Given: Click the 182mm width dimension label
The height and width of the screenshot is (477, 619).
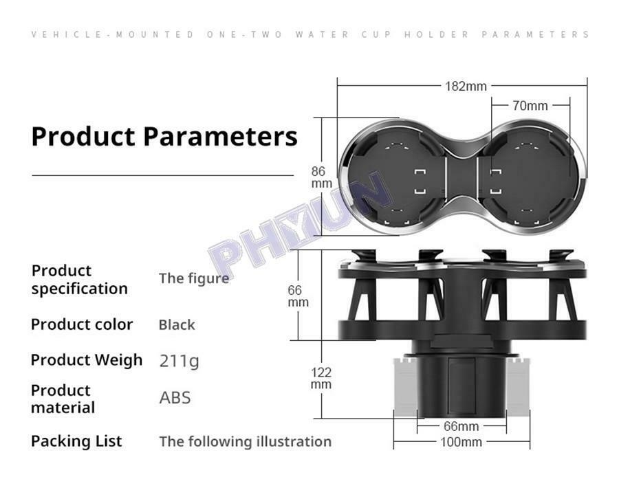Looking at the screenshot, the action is coord(466,86).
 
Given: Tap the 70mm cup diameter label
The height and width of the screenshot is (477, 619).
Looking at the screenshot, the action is coord(530,106).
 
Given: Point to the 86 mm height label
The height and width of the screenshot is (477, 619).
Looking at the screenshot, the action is coord(321,177).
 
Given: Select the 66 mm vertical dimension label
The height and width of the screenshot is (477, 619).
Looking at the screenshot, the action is coord(298,296).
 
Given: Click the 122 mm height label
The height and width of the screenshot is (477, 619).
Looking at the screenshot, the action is coord(321,378).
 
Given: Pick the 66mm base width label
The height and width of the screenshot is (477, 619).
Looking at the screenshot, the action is coord(461,426).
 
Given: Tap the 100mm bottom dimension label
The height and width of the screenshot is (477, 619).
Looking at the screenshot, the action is coord(461,442).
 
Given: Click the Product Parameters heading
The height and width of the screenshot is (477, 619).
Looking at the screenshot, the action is coord(164,137).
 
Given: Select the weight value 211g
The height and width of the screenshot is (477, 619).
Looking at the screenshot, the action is coord(180,361).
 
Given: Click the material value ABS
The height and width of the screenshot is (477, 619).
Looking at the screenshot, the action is coord(175,398).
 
